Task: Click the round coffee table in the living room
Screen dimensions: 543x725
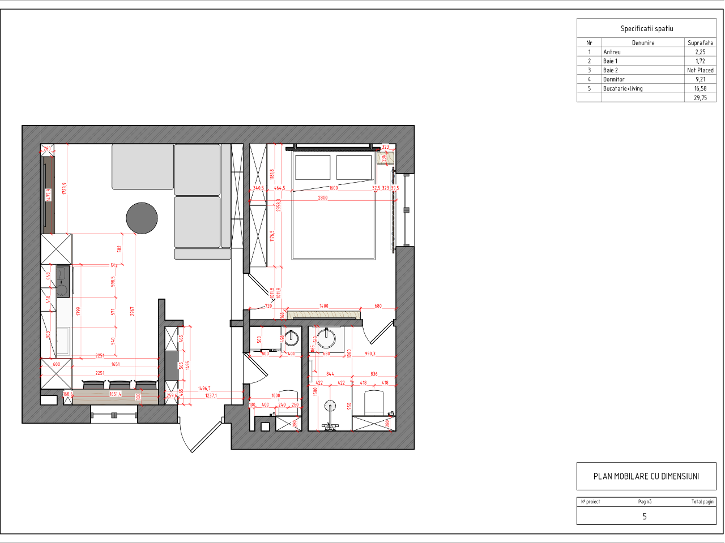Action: pyautogui.click(x=142, y=218)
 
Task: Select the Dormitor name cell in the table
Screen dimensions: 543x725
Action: pyautogui.click(x=614, y=79)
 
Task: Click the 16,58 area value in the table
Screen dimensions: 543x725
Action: pyautogui.click(x=700, y=88)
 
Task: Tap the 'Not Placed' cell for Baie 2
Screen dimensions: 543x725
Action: pyautogui.click(x=700, y=70)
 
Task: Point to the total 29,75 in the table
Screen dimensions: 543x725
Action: pyautogui.click(x=700, y=97)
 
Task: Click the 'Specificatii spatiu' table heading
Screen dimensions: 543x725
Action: pyautogui.click(x=646, y=28)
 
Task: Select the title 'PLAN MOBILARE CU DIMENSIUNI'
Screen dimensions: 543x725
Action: pyautogui.click(x=646, y=476)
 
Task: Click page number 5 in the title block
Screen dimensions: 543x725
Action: pyautogui.click(x=645, y=516)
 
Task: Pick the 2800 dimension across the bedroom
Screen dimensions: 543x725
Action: pyautogui.click(x=322, y=197)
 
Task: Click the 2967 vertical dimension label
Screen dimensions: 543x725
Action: pyautogui.click(x=132, y=311)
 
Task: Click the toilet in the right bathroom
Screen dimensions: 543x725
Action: pyautogui.click(x=374, y=403)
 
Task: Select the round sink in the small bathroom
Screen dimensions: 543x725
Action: pyautogui.click(x=291, y=338)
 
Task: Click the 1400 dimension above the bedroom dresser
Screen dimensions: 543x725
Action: pyautogui.click(x=323, y=306)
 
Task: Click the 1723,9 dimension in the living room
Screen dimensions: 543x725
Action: pyautogui.click(x=65, y=189)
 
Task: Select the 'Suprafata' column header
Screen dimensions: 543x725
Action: pyautogui.click(x=700, y=42)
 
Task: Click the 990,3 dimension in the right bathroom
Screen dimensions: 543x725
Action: pyautogui.click(x=370, y=354)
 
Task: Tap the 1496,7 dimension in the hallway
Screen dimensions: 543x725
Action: pyautogui.click(x=204, y=389)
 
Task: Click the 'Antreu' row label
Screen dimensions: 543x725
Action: pyautogui.click(x=612, y=51)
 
